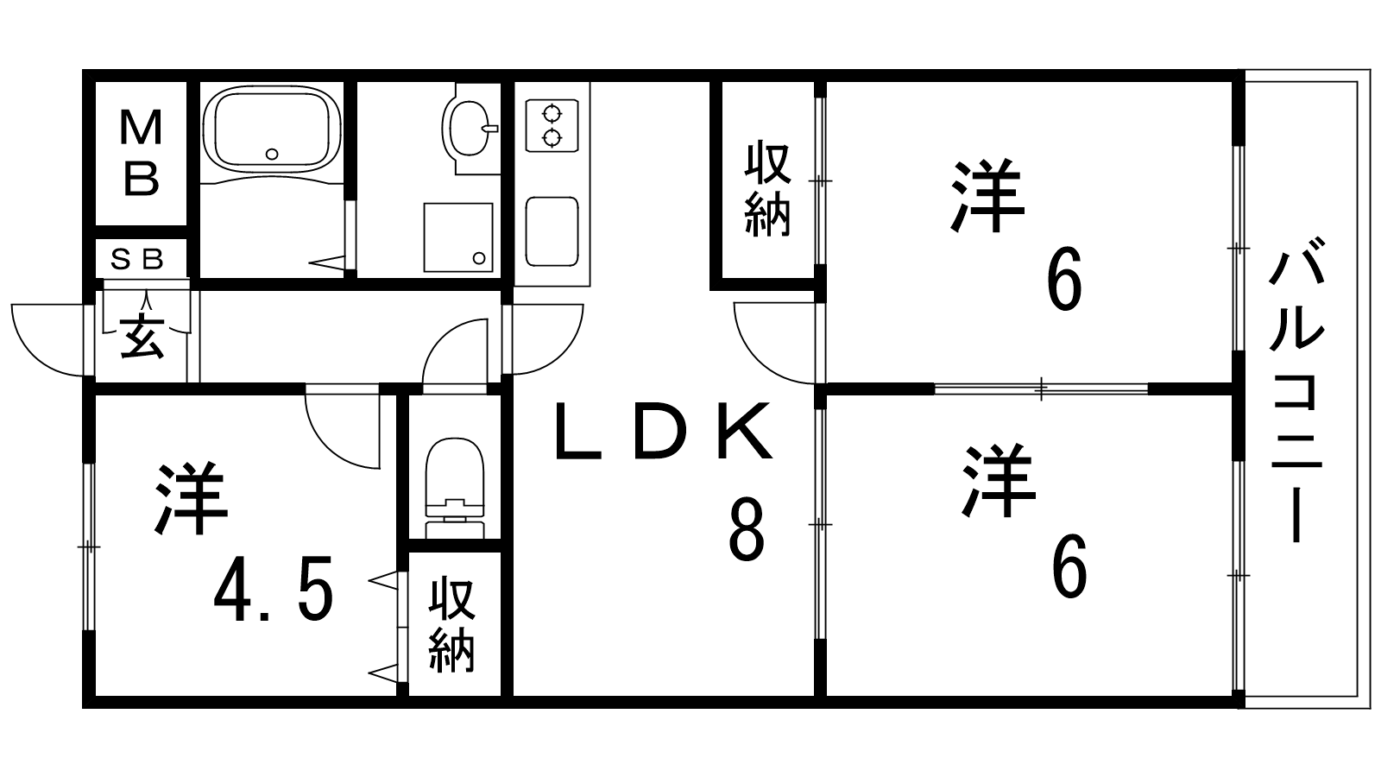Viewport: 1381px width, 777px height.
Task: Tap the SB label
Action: tap(141, 259)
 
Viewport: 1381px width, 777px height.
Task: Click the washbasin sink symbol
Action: tap(468, 126)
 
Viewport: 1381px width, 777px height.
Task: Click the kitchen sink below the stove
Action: tap(552, 231)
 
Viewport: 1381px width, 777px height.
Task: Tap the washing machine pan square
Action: tap(457, 237)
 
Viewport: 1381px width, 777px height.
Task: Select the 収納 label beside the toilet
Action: tap(453, 626)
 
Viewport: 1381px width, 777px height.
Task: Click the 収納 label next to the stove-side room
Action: tap(767, 190)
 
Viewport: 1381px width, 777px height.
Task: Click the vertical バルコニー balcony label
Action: tap(1296, 388)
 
